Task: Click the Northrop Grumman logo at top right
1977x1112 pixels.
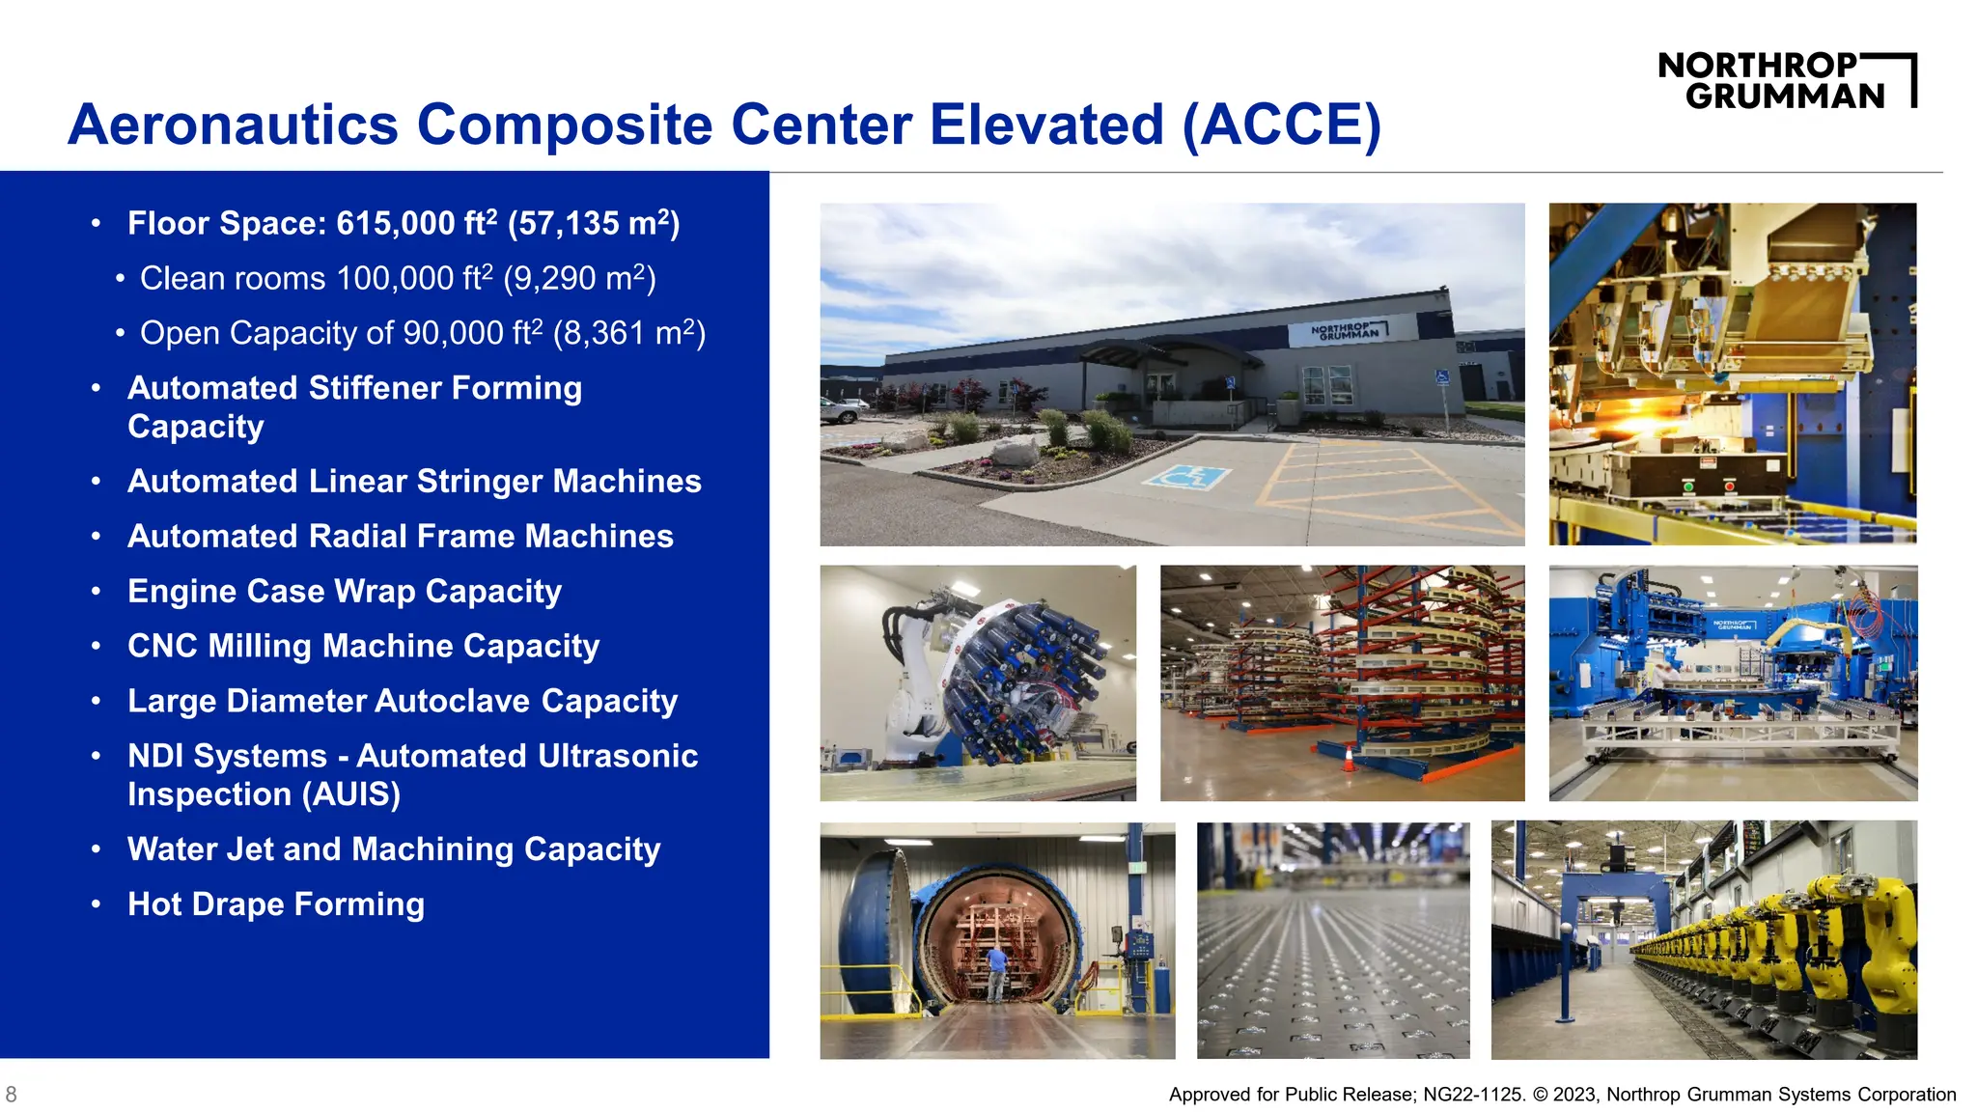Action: [1786, 81]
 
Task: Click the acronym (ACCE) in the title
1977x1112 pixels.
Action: [1282, 125]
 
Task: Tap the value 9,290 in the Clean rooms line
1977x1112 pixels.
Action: [553, 279]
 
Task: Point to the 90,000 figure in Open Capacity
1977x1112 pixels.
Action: [453, 334]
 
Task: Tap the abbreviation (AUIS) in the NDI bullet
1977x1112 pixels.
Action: [351, 794]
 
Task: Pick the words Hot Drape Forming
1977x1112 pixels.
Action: [276, 904]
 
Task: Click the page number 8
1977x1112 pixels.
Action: [11, 1095]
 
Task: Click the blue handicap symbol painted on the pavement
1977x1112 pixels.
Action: [1186, 477]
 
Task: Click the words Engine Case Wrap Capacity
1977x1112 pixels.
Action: [345, 592]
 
